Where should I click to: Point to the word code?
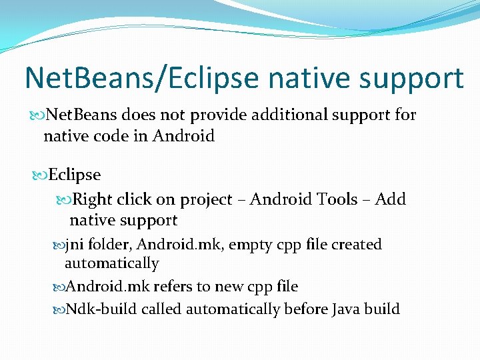pyautogui.click(x=121, y=136)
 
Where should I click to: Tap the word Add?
pyautogui.click(x=391, y=199)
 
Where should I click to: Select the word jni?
pyautogui.click(x=75, y=245)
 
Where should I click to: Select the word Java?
pyautogui.click(x=346, y=309)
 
